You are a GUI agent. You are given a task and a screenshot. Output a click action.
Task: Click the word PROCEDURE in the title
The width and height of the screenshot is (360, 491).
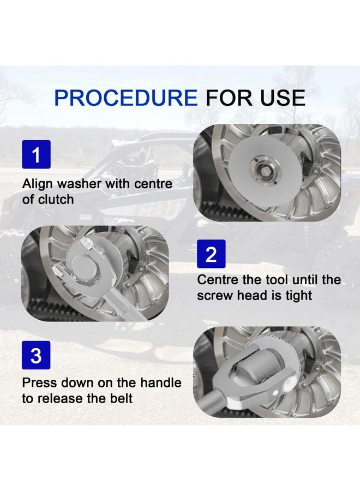click(126, 98)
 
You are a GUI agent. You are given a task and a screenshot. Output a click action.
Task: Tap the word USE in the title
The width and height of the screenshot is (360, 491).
click(283, 98)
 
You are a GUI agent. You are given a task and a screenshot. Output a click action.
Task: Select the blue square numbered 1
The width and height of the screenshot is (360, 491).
click(36, 154)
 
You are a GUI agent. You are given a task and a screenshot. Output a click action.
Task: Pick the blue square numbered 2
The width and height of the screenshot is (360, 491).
click(211, 254)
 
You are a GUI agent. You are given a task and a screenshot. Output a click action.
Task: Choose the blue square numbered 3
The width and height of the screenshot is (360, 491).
click(36, 355)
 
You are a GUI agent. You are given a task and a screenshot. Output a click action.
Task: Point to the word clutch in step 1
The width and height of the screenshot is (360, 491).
click(56, 199)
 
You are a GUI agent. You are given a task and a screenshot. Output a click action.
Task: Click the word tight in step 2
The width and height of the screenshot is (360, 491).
click(299, 295)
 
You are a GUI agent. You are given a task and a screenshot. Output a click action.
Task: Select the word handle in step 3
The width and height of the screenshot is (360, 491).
click(161, 382)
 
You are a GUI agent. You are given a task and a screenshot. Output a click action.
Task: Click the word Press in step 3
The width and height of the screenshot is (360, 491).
click(40, 382)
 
